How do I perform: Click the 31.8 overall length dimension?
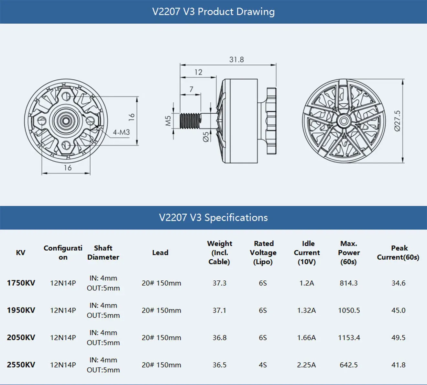(x=236, y=60)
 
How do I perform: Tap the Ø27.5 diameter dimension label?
(x=398, y=121)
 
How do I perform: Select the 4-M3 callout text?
(x=121, y=132)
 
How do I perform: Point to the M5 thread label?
(x=168, y=121)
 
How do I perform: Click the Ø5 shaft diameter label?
(x=206, y=137)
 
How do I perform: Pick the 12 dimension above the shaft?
(x=198, y=72)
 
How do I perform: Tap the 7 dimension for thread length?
(x=191, y=89)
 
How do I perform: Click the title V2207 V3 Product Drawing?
(x=213, y=12)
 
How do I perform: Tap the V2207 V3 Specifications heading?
(x=213, y=218)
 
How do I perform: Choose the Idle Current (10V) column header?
(x=307, y=253)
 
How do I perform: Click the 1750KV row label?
(x=21, y=283)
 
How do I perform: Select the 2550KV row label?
(x=21, y=365)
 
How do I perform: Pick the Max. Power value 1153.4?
(x=349, y=338)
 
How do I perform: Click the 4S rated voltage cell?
(x=263, y=365)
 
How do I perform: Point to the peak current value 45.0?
(x=398, y=310)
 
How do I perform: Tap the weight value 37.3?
(x=219, y=283)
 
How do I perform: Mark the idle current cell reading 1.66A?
(x=306, y=338)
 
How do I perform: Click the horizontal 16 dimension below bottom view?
(x=68, y=168)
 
